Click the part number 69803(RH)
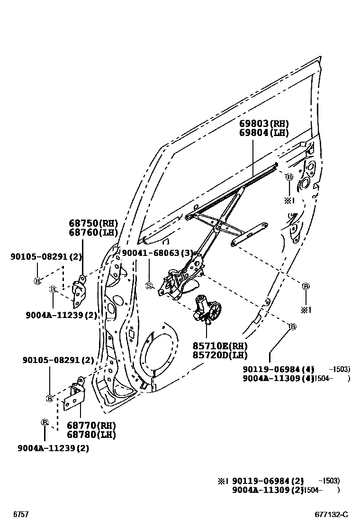263,124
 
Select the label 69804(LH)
263,133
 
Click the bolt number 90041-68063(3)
158,254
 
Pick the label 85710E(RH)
220,346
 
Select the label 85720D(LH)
220,355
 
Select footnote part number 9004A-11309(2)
267,490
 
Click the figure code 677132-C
332,514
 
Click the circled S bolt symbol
148,286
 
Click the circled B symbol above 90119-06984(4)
292,327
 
